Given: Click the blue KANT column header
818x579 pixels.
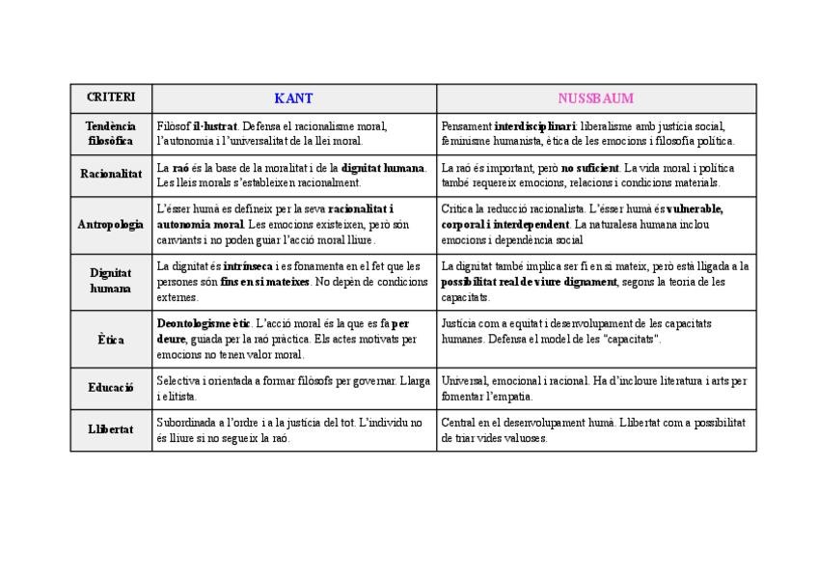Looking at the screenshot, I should click(293, 98).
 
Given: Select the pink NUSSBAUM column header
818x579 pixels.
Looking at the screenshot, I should click(595, 98).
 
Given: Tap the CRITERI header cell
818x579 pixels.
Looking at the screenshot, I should click(111, 98).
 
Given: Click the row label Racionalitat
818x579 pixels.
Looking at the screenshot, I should click(111, 175).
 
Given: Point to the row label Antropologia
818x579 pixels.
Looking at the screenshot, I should click(111, 224).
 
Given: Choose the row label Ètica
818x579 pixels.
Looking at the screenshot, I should click(111, 340).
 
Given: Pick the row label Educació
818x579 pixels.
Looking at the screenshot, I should click(111, 388).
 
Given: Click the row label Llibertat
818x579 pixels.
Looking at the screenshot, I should click(111, 429).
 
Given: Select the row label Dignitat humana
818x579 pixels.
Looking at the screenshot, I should click(111, 281).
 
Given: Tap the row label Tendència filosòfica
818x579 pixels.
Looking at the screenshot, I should click(111, 133).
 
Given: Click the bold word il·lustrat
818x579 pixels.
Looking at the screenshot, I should click(215, 126).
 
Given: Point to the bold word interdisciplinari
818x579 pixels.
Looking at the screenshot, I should click(535, 126).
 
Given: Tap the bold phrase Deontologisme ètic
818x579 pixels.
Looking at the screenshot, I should click(204, 324).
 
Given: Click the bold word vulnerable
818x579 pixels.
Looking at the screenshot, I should click(694, 209).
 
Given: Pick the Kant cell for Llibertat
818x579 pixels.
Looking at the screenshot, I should click(293, 429).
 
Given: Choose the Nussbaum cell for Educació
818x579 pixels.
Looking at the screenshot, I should click(595, 388).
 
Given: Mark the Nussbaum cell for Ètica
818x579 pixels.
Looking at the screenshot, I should click(595, 332).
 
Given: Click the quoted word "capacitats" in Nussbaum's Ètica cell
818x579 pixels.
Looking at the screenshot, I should click(632, 340).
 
